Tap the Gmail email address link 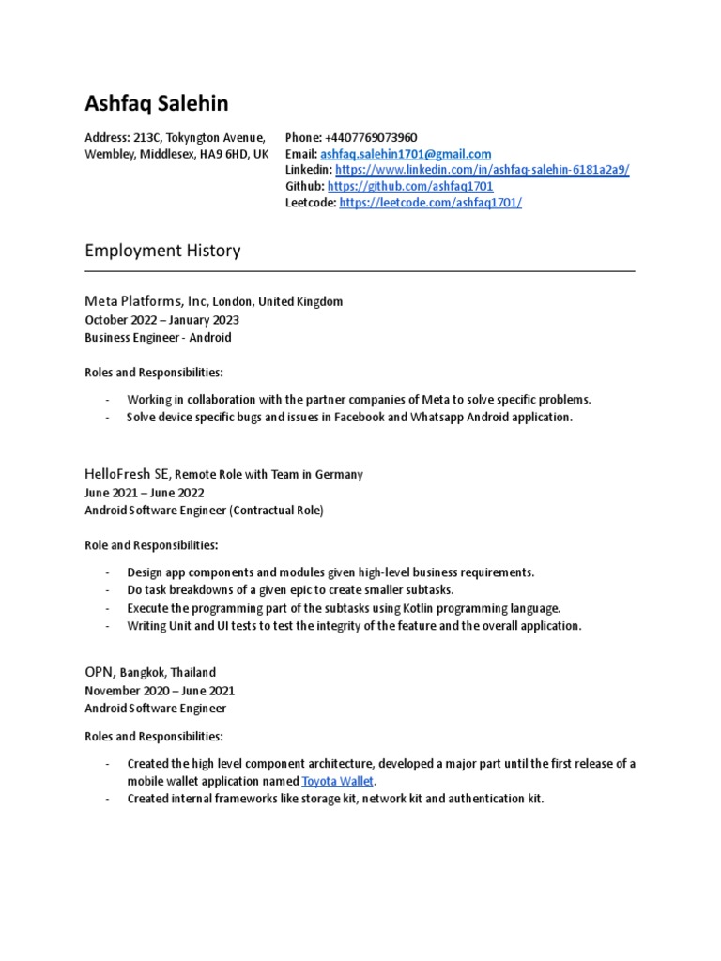point(406,154)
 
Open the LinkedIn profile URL point(482,170)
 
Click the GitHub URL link point(410,186)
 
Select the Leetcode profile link point(430,202)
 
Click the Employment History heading point(162,251)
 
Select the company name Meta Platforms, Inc point(146,301)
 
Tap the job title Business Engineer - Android point(158,337)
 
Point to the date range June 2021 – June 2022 point(144,492)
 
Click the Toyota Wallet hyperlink point(337,781)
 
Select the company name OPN point(99,672)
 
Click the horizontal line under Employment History point(360,272)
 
